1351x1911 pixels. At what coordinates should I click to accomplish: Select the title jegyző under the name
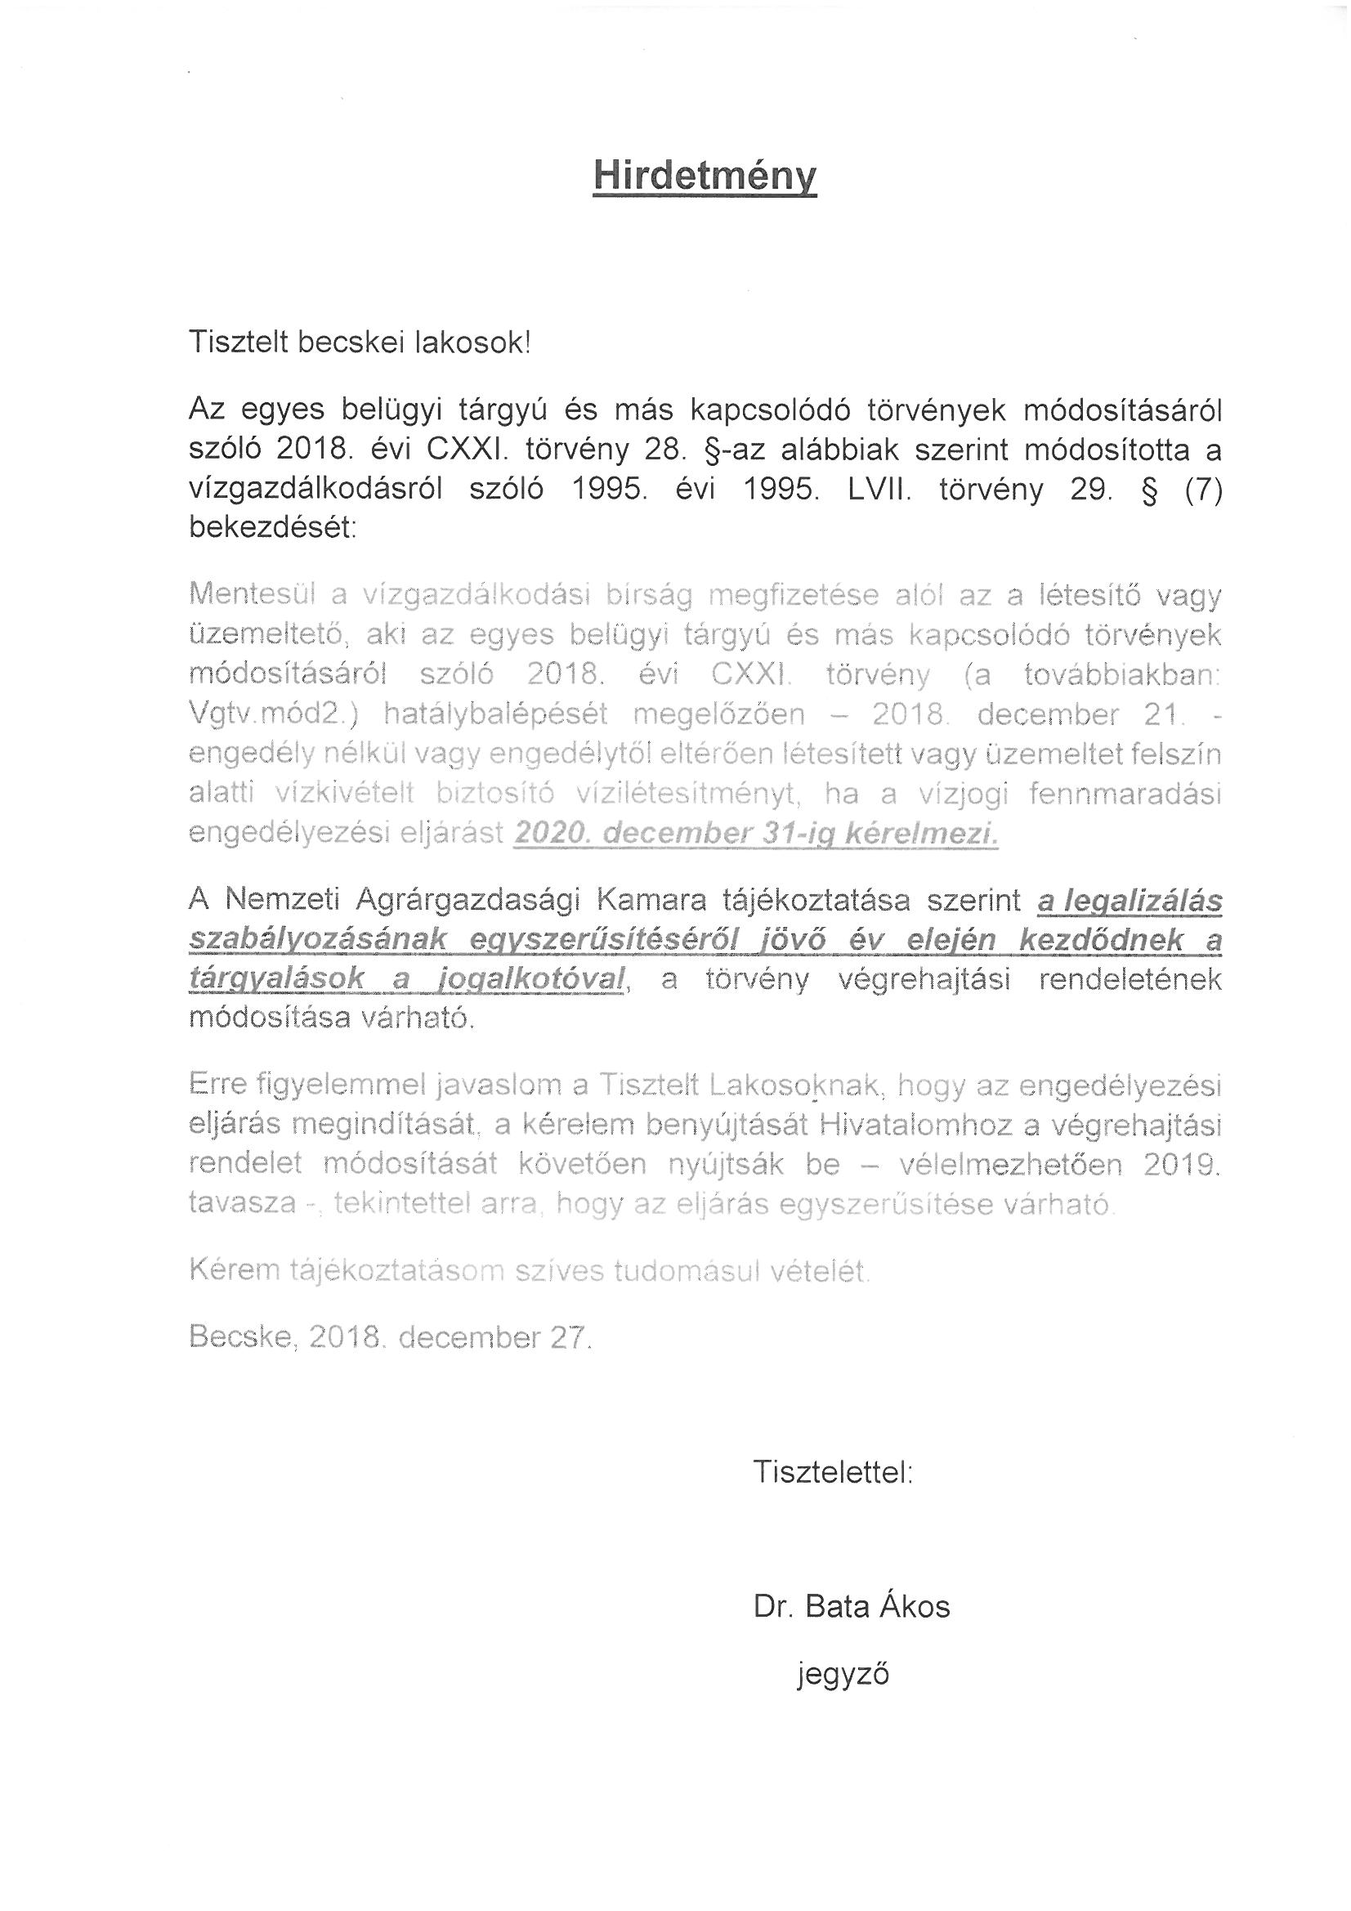pyautogui.click(x=843, y=1673)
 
